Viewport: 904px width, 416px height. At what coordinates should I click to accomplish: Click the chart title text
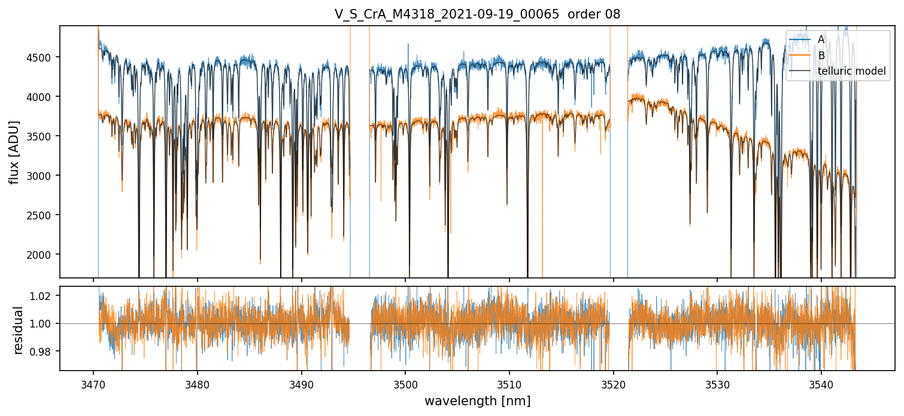click(x=477, y=14)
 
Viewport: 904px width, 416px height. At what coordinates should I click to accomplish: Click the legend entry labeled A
click(x=807, y=39)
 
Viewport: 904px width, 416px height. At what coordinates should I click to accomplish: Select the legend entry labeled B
click(x=807, y=55)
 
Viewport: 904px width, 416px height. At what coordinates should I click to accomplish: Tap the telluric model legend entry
click(x=838, y=71)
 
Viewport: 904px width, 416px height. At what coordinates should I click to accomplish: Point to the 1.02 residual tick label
click(x=41, y=296)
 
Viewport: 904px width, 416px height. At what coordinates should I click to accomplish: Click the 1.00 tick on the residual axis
click(x=41, y=324)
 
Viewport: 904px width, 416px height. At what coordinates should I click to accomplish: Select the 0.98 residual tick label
click(x=41, y=351)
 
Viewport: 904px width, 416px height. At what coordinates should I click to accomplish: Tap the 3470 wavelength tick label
click(x=93, y=384)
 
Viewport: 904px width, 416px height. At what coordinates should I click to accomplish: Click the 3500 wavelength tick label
click(x=405, y=384)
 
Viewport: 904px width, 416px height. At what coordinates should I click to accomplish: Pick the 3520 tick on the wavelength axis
click(x=614, y=384)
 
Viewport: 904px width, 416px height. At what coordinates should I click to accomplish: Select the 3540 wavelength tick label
click(x=821, y=384)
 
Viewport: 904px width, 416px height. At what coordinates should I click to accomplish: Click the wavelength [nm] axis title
click(x=477, y=401)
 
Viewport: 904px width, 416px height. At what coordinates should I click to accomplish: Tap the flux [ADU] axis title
click(x=14, y=152)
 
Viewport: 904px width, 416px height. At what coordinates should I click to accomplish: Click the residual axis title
click(x=18, y=330)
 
